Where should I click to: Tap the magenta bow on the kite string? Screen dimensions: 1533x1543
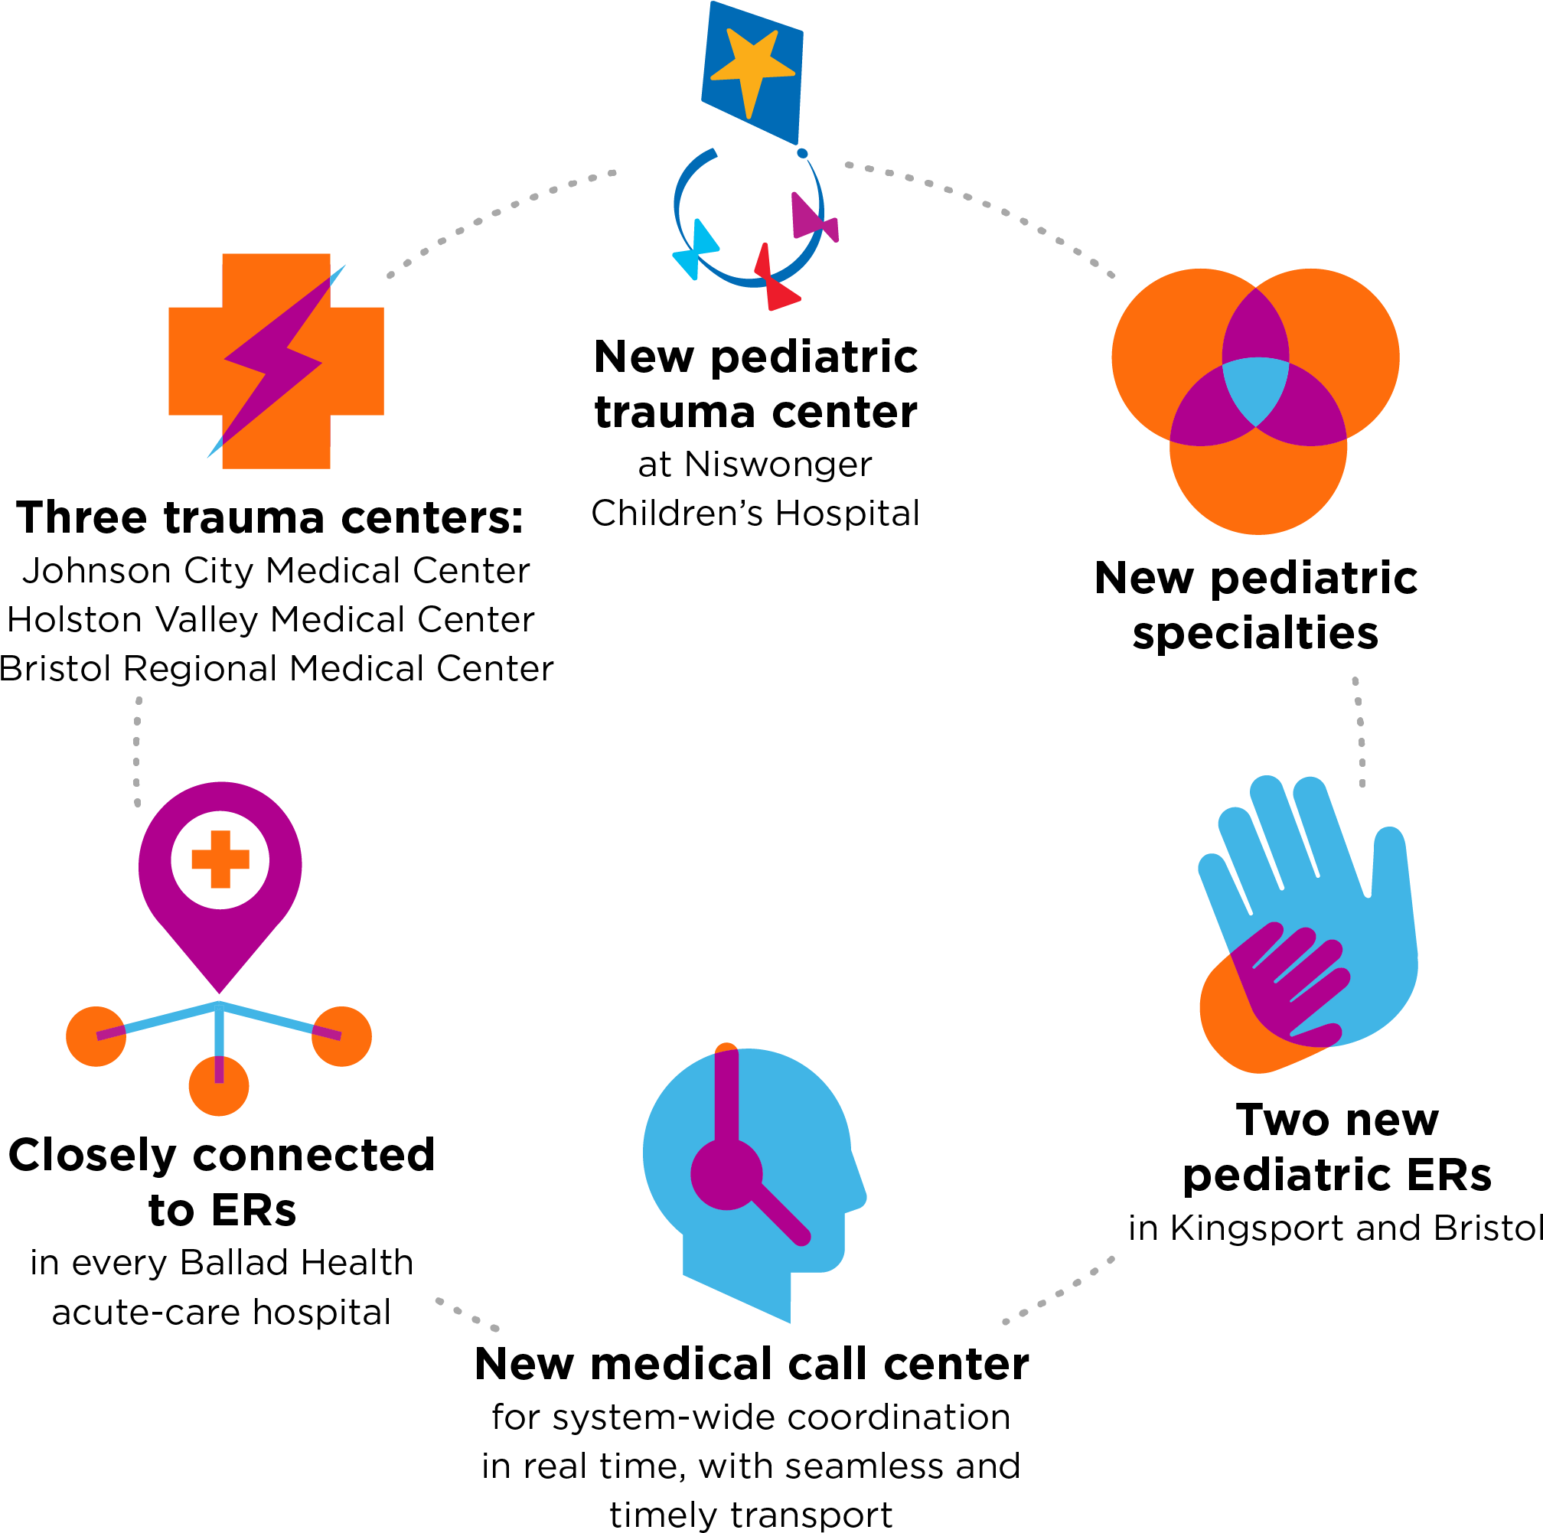[x=813, y=218]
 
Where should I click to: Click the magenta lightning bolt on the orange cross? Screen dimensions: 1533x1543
[x=276, y=359]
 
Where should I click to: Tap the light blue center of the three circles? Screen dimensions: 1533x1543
[x=1254, y=389]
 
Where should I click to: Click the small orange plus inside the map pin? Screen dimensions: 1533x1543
[x=220, y=859]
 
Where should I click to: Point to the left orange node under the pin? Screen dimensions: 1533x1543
[x=96, y=1036]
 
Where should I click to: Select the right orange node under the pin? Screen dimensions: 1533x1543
[x=342, y=1036]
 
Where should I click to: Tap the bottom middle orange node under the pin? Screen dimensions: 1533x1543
[x=219, y=1088]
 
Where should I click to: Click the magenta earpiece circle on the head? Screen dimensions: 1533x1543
[x=726, y=1175]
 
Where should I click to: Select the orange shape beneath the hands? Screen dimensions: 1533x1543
[x=1234, y=1030]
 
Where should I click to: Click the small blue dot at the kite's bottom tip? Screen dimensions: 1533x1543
[x=802, y=153]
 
